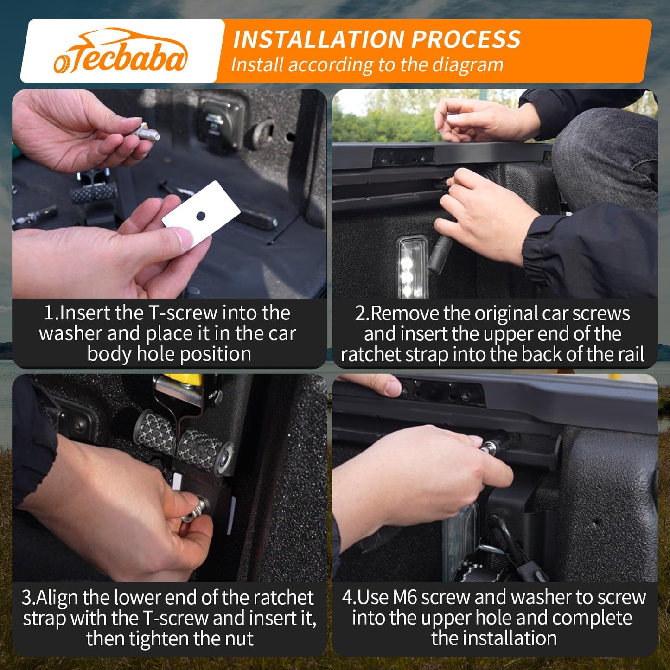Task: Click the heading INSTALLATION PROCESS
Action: (376, 39)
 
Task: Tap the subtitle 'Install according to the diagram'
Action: (367, 65)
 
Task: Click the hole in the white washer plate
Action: (201, 216)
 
